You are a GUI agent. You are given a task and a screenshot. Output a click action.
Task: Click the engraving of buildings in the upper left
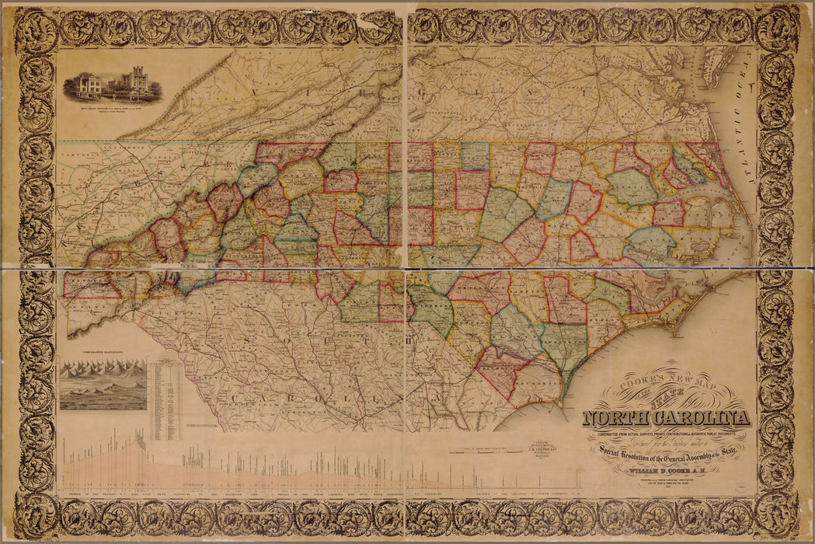point(113,87)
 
